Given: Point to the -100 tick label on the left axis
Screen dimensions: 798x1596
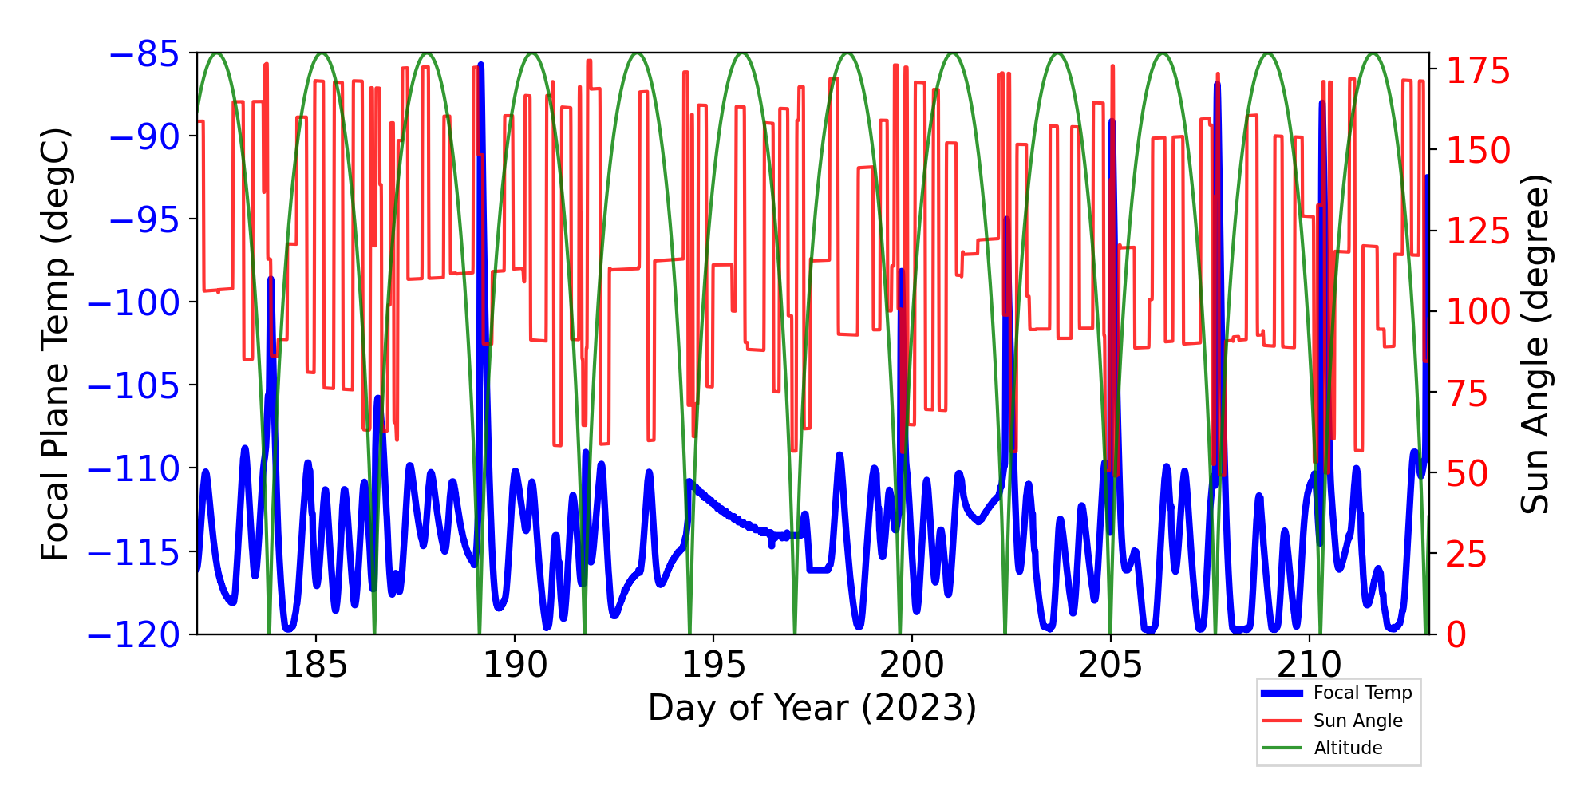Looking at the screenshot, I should click(x=132, y=302).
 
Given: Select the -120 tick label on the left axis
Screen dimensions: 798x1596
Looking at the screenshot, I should click(x=132, y=635).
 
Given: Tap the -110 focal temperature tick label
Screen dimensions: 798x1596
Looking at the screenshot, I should click(x=132, y=469).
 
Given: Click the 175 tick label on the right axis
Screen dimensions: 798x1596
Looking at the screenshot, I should click(x=1479, y=72).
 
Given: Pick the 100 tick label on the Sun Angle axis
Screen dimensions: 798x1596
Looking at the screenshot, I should click(x=1479, y=312).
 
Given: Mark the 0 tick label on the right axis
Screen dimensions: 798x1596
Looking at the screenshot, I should click(x=1457, y=636).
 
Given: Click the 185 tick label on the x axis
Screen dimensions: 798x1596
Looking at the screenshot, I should click(x=316, y=665).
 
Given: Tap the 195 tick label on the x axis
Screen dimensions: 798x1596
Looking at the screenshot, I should click(x=713, y=665).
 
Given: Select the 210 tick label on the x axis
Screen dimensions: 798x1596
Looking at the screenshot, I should click(x=1309, y=665).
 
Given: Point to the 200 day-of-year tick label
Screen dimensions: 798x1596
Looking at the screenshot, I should click(x=911, y=665).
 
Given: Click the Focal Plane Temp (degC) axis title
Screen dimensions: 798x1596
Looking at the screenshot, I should click(x=56, y=344).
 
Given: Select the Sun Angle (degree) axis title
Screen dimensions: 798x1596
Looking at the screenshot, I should click(x=1535, y=344).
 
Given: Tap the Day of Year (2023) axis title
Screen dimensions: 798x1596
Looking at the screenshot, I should click(x=812, y=708).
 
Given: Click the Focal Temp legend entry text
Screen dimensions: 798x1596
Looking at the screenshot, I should click(x=1362, y=693).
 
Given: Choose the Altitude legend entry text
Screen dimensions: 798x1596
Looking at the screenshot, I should click(x=1348, y=748).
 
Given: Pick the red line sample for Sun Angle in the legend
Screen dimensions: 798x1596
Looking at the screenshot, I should click(x=1282, y=721).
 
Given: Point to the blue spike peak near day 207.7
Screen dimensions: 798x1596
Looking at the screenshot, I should click(x=1217, y=85).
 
